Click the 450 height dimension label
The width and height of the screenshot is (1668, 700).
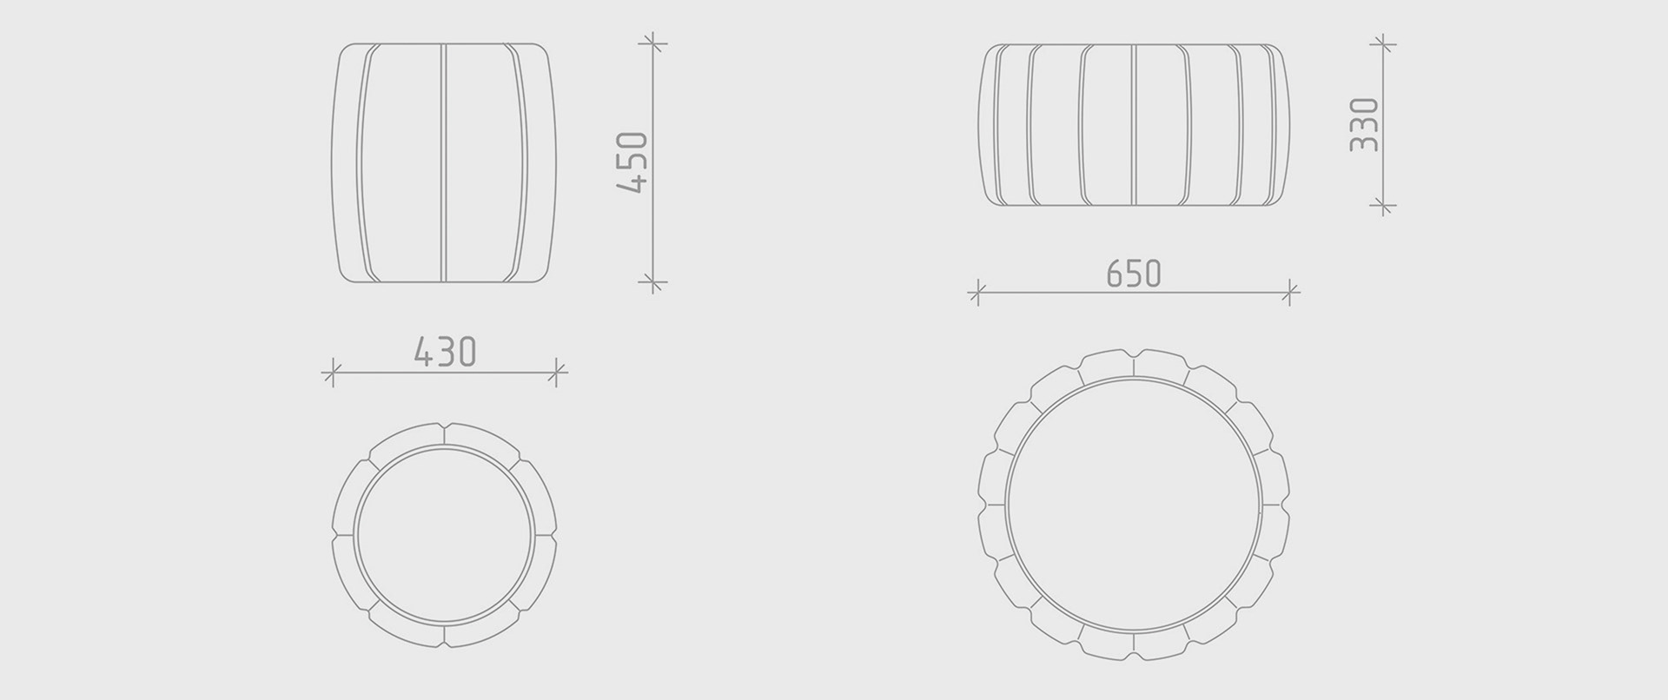[x=632, y=162]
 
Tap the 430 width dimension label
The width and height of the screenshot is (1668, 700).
[x=445, y=353]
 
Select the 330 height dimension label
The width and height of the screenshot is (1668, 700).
[x=1364, y=125]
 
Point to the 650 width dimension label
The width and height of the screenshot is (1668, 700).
[x=1134, y=274]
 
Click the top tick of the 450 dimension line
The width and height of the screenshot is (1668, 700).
[x=652, y=43]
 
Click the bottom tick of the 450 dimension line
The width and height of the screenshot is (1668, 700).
[x=652, y=281]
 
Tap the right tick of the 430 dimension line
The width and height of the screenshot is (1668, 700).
[x=556, y=373]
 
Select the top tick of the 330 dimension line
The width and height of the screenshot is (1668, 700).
[x=1382, y=43]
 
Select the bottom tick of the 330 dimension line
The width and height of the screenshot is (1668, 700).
[x=1382, y=206]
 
